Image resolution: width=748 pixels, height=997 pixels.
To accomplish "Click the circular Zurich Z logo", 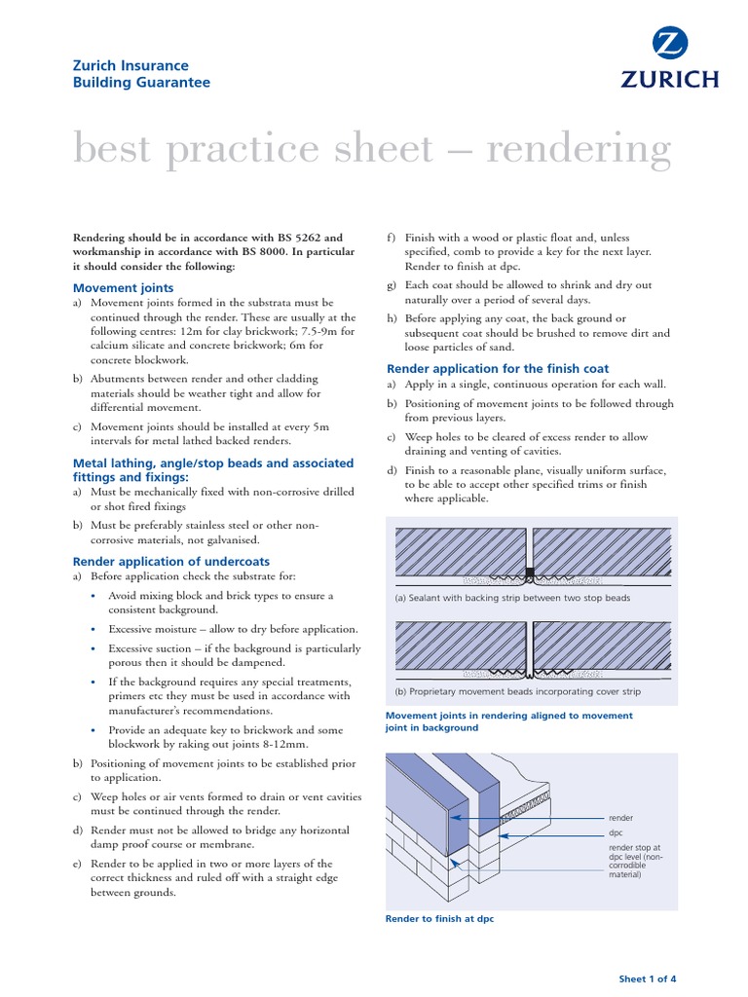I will coord(671,45).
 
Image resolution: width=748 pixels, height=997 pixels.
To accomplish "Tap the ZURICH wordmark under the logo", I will coord(671,79).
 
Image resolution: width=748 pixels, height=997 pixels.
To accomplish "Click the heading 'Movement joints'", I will coord(124,287).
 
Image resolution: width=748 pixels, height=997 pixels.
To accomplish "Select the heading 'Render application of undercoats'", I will coord(171,561).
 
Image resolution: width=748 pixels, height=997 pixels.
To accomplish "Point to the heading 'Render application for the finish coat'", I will coord(498,369).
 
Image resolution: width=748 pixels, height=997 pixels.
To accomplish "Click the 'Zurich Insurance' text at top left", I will coord(131,66).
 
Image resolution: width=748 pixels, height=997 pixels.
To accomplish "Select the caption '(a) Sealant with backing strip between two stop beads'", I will coord(512,598).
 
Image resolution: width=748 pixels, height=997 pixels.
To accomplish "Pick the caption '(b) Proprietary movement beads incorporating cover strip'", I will coord(518,691).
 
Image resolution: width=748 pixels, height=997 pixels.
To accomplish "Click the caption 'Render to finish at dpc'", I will coord(440,919).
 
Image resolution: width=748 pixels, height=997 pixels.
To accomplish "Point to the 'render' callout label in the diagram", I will coord(620,818).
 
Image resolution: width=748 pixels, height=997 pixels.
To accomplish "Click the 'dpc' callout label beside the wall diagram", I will coord(615,833).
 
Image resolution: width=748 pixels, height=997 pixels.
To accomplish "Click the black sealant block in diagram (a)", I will coord(529,572).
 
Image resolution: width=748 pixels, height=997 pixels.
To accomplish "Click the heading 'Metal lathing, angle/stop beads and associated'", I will coord(213,463).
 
